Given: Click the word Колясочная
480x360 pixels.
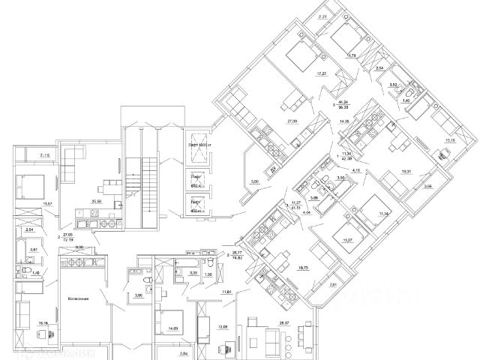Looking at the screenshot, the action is pyautogui.click(x=77, y=298).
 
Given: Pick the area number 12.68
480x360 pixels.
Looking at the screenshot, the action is pyautogui.click(x=223, y=326).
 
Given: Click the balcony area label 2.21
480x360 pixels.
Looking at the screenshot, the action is pyautogui.click(x=324, y=16).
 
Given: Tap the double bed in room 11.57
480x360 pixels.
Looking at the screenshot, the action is pyautogui.click(x=30, y=183).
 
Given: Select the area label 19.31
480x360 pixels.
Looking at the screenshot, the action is pyautogui.click(x=406, y=171).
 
